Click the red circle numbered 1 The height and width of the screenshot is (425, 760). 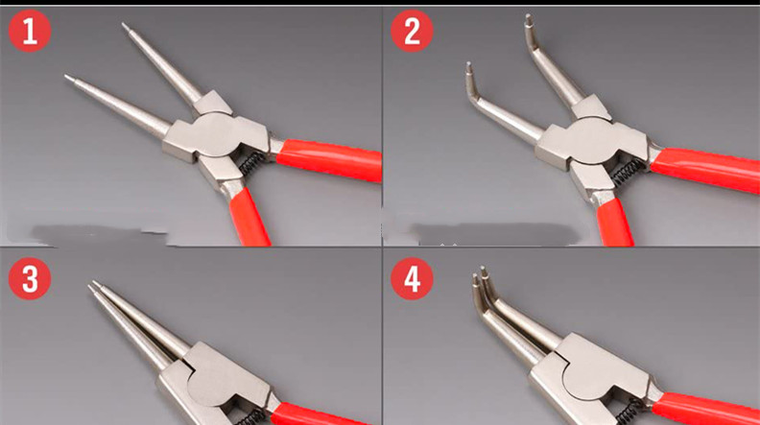pyautogui.click(x=30, y=31)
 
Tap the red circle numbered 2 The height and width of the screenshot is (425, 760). pyautogui.click(x=412, y=31)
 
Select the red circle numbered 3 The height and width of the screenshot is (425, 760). pyautogui.click(x=30, y=278)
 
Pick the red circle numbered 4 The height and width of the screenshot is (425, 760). pyautogui.click(x=412, y=278)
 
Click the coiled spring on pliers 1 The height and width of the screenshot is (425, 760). pyautogui.click(x=252, y=163)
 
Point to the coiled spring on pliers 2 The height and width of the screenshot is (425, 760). pyautogui.click(x=629, y=173)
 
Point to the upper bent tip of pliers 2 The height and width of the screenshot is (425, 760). pyautogui.click(x=529, y=19)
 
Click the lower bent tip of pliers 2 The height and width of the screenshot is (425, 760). pyautogui.click(x=468, y=67)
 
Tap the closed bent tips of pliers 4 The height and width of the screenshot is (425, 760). pyautogui.click(x=480, y=274)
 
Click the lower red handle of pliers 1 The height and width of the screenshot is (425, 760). pyautogui.click(x=249, y=217)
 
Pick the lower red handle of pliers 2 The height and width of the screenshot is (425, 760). pyautogui.click(x=615, y=223)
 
